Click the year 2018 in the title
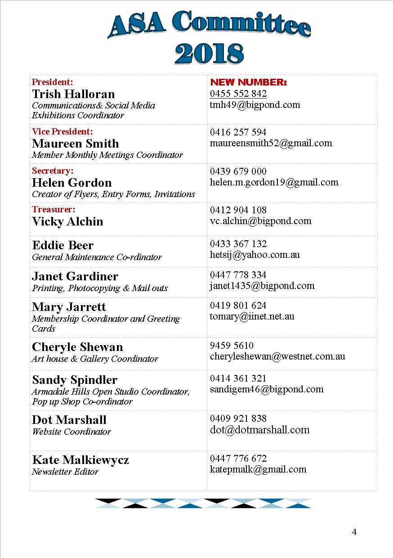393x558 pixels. coord(209,54)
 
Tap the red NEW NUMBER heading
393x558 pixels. coord(248,83)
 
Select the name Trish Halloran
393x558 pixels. coord(73,94)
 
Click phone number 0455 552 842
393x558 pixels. coord(238,94)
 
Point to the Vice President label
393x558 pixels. coord(62,131)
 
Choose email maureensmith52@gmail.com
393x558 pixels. coord(271,143)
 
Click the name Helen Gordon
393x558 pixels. coord(72,183)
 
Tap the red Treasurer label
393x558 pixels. coord(54,209)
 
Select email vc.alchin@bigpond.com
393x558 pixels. coord(260,221)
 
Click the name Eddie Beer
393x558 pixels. coord(63,245)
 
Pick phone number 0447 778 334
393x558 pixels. coord(238,274)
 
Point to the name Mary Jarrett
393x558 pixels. coord(69,307)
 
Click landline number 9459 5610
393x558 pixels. coord(232,346)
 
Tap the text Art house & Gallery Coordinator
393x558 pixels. coord(95,359)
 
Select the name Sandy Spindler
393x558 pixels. coord(75,379)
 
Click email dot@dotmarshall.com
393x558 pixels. coord(259,430)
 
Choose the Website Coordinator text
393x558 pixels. coord(71,432)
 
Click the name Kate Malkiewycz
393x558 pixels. coord(80,460)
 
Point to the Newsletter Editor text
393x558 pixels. coord(65,472)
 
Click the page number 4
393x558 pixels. coord(354,532)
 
